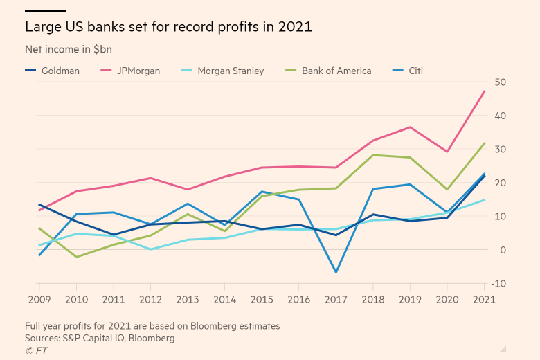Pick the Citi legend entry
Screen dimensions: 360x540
[x=415, y=71]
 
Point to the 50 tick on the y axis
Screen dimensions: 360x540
[x=501, y=82]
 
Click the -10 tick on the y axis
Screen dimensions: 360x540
[x=499, y=284]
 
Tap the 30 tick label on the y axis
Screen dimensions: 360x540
[x=501, y=150]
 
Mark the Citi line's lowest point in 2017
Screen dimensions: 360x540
[x=336, y=272]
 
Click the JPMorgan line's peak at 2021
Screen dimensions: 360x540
[x=485, y=91]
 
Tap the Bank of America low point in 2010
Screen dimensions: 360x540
[x=76, y=257]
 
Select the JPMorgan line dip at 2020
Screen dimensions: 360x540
[x=447, y=152]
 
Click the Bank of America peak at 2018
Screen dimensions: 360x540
[x=373, y=155]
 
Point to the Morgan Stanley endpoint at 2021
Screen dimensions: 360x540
[x=485, y=199]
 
